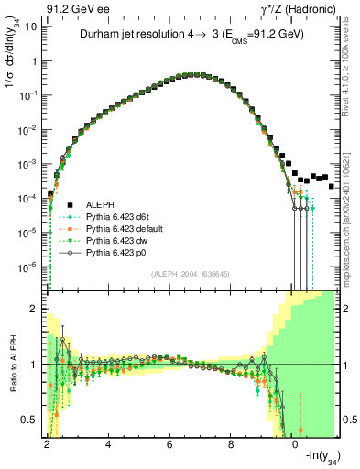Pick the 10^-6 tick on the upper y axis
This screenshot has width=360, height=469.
point(27,267)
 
